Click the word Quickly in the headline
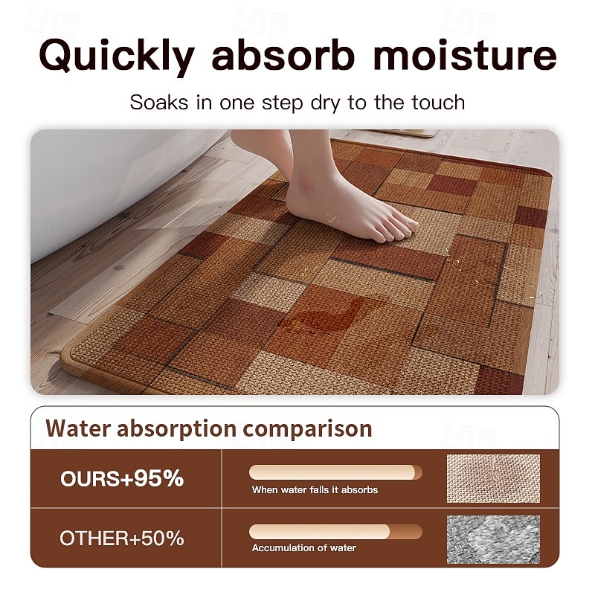117,57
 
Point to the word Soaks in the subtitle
159,103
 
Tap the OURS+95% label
122,478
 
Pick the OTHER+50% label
122,538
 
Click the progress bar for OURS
335,472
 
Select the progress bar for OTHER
335,532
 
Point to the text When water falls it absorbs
315,490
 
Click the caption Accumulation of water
304,548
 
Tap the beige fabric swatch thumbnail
493,478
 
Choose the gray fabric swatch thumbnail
493,539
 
